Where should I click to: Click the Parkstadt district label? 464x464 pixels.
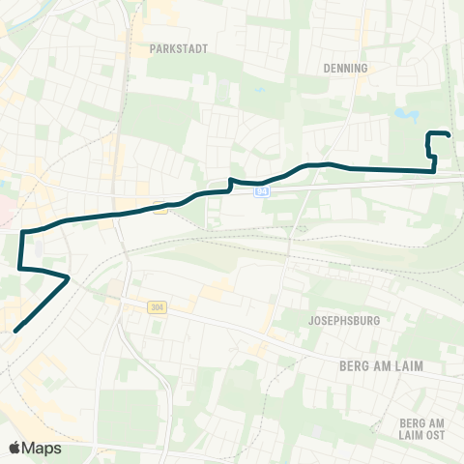[x=180, y=46]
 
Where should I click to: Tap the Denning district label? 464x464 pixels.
[x=348, y=69]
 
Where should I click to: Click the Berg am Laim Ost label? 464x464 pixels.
[x=421, y=430]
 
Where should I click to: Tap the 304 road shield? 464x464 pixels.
[x=156, y=306]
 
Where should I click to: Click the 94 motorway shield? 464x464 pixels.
[x=262, y=192]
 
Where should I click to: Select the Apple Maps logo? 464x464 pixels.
[x=35, y=448]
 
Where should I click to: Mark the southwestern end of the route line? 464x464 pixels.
[x=14, y=332]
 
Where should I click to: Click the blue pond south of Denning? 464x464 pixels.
[x=406, y=116]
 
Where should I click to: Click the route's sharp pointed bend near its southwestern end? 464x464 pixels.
[x=68, y=278]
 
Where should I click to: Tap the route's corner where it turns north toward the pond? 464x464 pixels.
[x=434, y=171]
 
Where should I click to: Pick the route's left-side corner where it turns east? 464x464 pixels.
[x=22, y=232]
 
